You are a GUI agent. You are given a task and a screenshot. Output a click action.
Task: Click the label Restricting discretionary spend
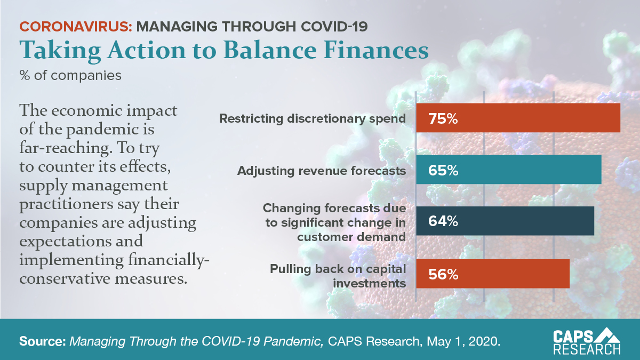pyautogui.click(x=313, y=118)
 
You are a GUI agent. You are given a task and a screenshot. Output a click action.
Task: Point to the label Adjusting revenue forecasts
pyautogui.click(x=322, y=171)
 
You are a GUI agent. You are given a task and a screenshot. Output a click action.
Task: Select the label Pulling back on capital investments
pyautogui.click(x=338, y=275)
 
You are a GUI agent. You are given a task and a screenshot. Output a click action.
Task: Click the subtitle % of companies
pyautogui.click(x=70, y=75)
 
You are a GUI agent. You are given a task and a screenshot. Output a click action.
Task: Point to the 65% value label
pyautogui.click(x=443, y=171)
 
